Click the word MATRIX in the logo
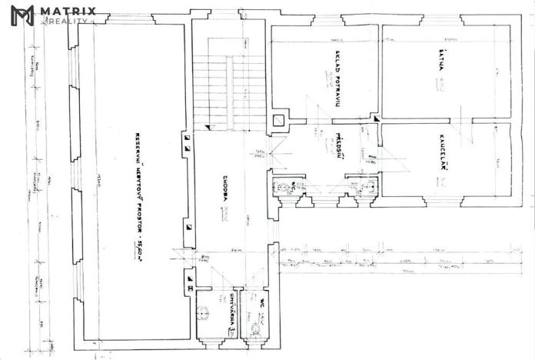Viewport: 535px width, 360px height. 68,11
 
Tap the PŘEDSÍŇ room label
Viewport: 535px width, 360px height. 338,147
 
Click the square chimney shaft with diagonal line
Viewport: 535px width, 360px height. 278,120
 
